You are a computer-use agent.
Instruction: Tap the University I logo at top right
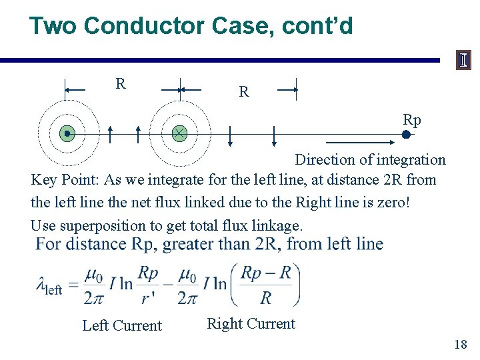point(463,61)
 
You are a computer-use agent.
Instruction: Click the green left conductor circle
point(67,134)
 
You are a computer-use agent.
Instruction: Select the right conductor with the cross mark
point(179,134)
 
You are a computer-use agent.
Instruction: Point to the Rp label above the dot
point(412,120)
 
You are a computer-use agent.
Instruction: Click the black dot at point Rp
point(406,134)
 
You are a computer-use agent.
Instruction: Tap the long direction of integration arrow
point(360,143)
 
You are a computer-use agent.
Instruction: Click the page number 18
point(460,344)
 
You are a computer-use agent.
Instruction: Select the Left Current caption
point(122,325)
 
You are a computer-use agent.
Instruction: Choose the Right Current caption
point(251,323)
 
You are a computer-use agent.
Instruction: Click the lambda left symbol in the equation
point(48,285)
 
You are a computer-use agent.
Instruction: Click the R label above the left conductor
point(120,84)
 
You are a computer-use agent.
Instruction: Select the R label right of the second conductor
point(244,92)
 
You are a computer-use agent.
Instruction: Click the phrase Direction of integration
point(370,159)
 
